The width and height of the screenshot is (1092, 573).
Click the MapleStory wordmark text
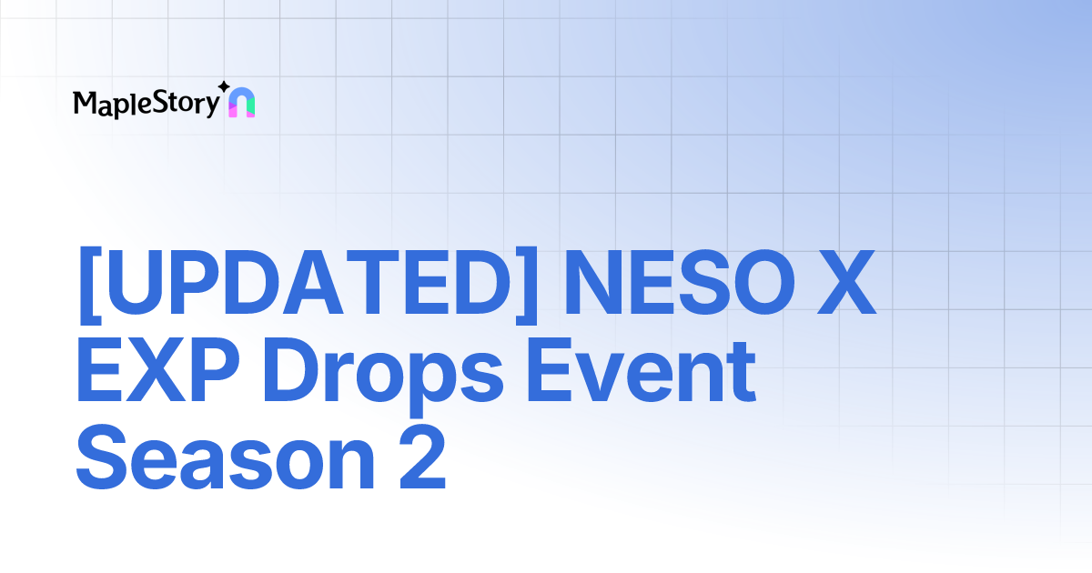tap(146, 104)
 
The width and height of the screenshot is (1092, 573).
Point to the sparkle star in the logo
tap(224, 87)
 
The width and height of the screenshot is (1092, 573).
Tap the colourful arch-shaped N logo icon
tap(241, 105)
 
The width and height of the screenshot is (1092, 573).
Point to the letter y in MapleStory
tap(212, 106)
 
